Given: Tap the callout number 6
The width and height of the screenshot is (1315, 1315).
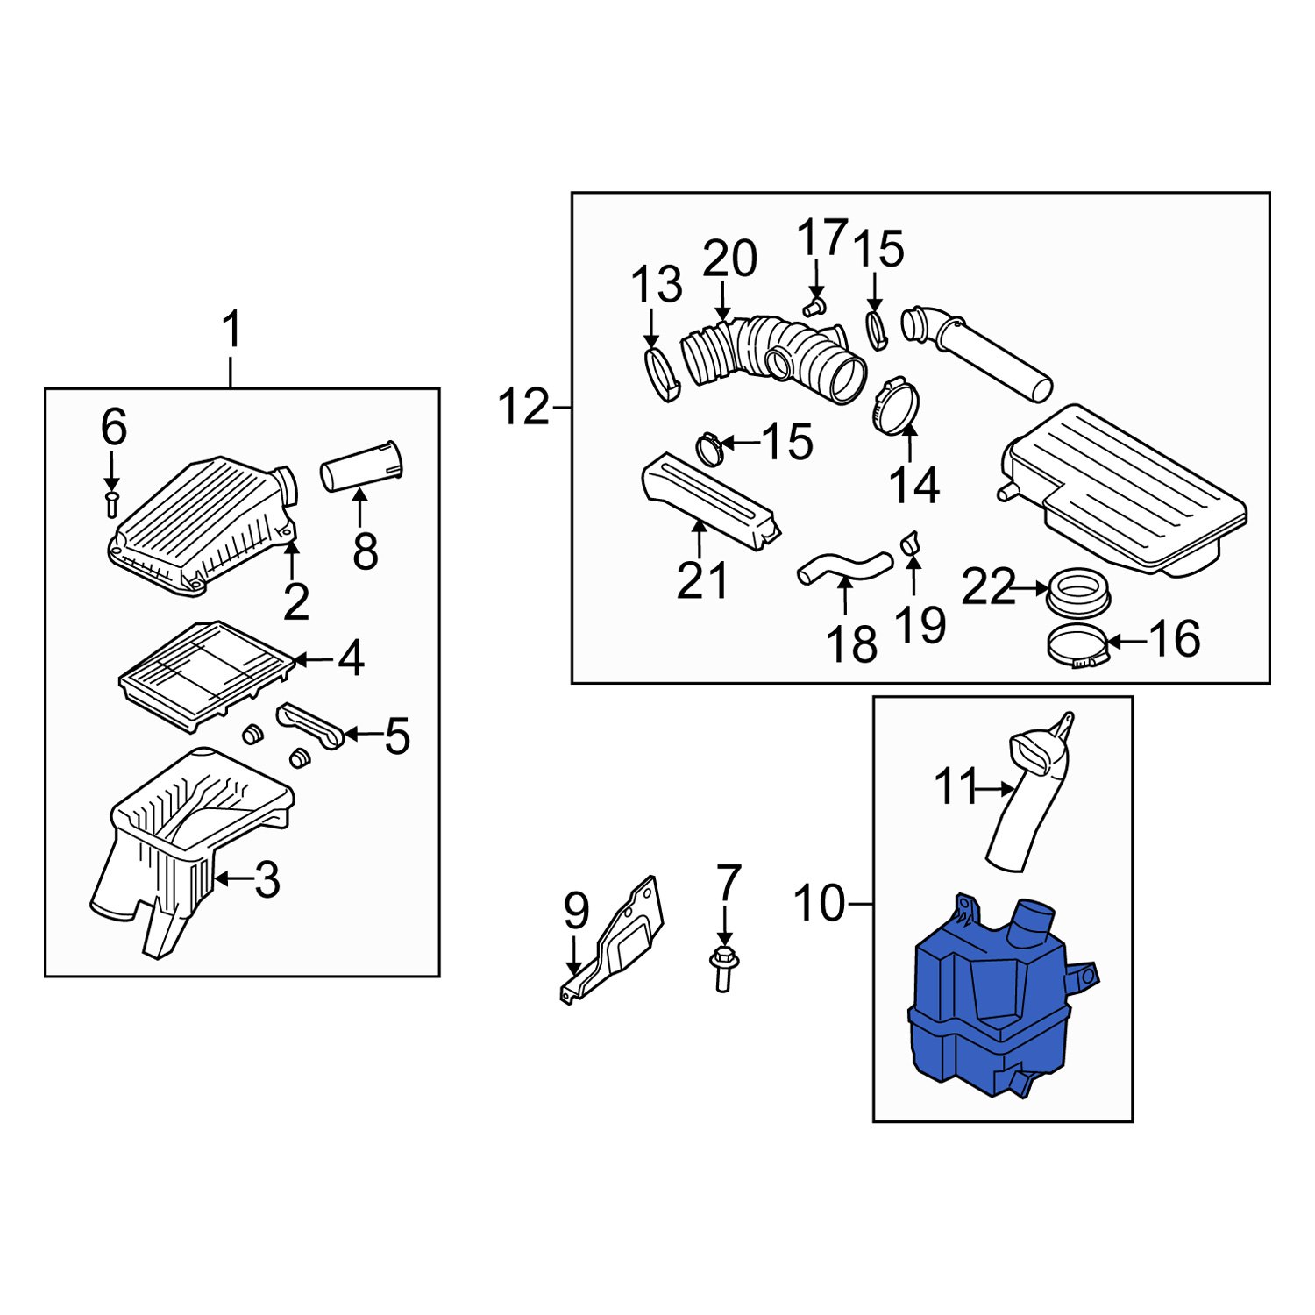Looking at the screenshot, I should coord(114,428).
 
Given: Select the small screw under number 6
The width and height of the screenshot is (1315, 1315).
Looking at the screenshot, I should coord(111,503).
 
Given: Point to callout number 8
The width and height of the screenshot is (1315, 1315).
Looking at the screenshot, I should coord(365,551).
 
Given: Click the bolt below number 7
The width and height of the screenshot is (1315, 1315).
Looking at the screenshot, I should coord(723,968).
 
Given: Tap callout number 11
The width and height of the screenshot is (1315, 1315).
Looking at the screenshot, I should coord(955,786).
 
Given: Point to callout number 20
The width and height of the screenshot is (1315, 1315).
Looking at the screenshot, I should coord(729,259).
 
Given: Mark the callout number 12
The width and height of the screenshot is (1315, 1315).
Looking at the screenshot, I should coord(523,408).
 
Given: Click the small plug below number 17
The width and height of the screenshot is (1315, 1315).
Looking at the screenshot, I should coord(814,306).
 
